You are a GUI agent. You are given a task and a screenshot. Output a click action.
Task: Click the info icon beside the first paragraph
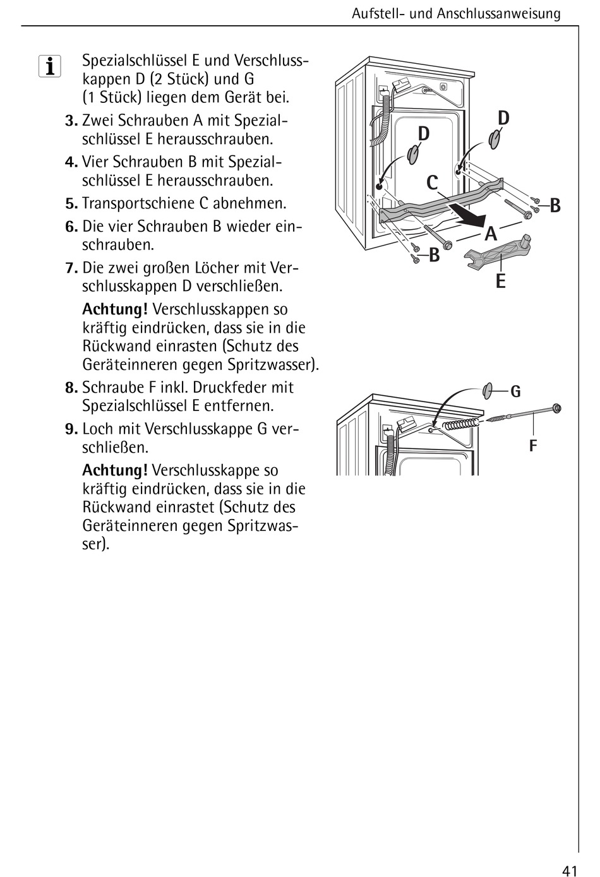click(x=49, y=66)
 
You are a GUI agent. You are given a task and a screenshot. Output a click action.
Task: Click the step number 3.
click(x=71, y=121)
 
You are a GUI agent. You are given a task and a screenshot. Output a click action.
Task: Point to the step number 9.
click(x=71, y=430)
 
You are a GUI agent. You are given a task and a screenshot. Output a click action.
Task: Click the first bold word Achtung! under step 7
click(x=115, y=309)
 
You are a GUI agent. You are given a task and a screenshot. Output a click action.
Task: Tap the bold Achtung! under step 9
click(x=115, y=470)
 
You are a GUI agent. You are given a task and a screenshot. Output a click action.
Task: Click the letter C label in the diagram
click(x=432, y=183)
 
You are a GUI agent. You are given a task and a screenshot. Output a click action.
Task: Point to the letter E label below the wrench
click(x=501, y=282)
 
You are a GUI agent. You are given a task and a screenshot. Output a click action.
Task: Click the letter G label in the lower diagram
click(x=515, y=392)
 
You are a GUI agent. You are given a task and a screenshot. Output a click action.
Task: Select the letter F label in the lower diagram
click(x=533, y=446)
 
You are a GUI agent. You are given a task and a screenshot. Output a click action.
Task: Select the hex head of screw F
click(x=556, y=409)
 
